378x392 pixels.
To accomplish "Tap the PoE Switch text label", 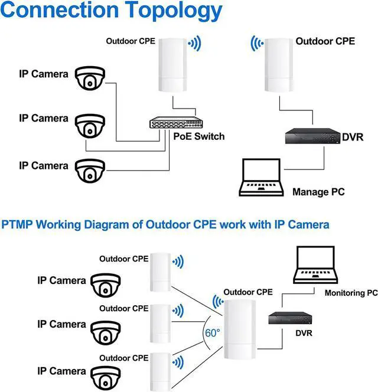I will [x=199, y=136].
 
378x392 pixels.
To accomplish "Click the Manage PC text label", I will [x=318, y=192].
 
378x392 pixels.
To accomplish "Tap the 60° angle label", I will [x=213, y=332].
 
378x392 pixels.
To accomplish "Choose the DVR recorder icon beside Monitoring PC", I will [x=289, y=317].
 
